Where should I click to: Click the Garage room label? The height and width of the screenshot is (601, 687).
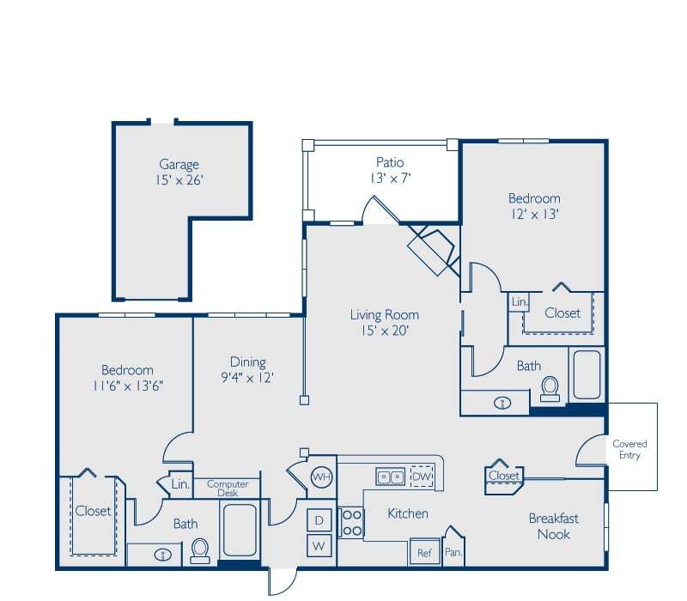click(x=179, y=164)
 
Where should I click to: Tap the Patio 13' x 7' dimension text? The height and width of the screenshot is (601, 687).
click(x=389, y=179)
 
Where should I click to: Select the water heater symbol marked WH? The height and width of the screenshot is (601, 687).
click(x=321, y=477)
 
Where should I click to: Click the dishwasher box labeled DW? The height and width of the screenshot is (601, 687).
click(x=423, y=477)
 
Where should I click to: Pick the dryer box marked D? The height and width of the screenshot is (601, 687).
click(x=319, y=520)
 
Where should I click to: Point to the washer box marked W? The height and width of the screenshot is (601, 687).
click(x=319, y=545)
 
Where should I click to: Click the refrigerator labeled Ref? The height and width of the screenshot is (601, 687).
click(x=424, y=553)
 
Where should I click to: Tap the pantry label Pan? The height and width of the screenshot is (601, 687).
click(x=453, y=553)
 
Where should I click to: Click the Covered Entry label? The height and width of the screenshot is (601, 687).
click(x=629, y=449)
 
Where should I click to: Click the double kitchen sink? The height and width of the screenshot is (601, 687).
click(x=391, y=477)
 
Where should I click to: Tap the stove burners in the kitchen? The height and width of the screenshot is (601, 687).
click(x=351, y=522)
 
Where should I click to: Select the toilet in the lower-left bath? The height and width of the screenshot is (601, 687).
click(x=201, y=549)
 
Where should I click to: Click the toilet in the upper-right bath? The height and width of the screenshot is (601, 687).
click(x=550, y=389)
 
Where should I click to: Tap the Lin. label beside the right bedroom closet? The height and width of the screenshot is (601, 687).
click(x=519, y=302)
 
